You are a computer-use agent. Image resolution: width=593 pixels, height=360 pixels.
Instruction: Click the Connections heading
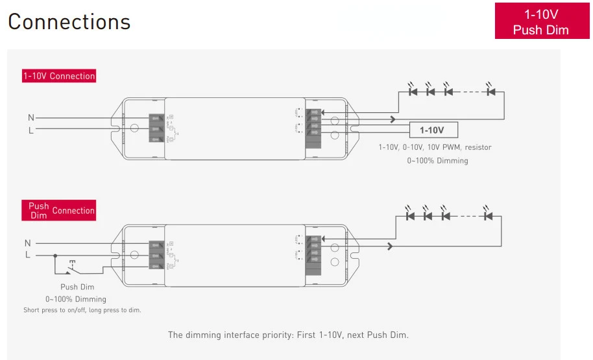click(x=69, y=21)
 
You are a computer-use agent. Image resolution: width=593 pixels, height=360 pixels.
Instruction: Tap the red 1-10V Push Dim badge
click(x=541, y=21)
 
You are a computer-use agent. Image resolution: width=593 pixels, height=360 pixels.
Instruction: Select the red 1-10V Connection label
click(x=59, y=76)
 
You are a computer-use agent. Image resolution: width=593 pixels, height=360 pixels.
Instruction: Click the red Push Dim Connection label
click(x=59, y=210)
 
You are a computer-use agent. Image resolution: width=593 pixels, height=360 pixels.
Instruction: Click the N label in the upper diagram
click(x=30, y=117)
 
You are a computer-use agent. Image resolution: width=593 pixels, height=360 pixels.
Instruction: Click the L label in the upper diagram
click(x=30, y=130)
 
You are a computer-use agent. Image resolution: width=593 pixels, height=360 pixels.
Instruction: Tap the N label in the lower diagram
click(x=28, y=243)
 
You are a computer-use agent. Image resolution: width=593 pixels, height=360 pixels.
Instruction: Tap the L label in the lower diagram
click(x=28, y=255)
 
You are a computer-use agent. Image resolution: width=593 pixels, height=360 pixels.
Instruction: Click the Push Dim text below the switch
click(x=78, y=287)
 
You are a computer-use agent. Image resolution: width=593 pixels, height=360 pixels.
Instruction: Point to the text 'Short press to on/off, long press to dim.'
click(x=82, y=310)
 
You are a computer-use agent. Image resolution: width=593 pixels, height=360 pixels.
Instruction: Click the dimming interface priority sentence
click(x=288, y=335)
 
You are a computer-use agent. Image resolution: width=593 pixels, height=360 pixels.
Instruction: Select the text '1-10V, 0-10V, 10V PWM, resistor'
click(x=435, y=147)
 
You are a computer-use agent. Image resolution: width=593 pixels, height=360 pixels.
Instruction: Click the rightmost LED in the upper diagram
click(x=490, y=91)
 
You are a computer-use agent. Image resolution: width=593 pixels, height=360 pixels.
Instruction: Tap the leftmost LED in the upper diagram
click(x=413, y=91)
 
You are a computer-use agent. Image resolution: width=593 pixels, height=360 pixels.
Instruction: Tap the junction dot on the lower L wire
click(x=54, y=255)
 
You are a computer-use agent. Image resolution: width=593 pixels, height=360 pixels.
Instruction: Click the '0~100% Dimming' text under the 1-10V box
click(x=437, y=160)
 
